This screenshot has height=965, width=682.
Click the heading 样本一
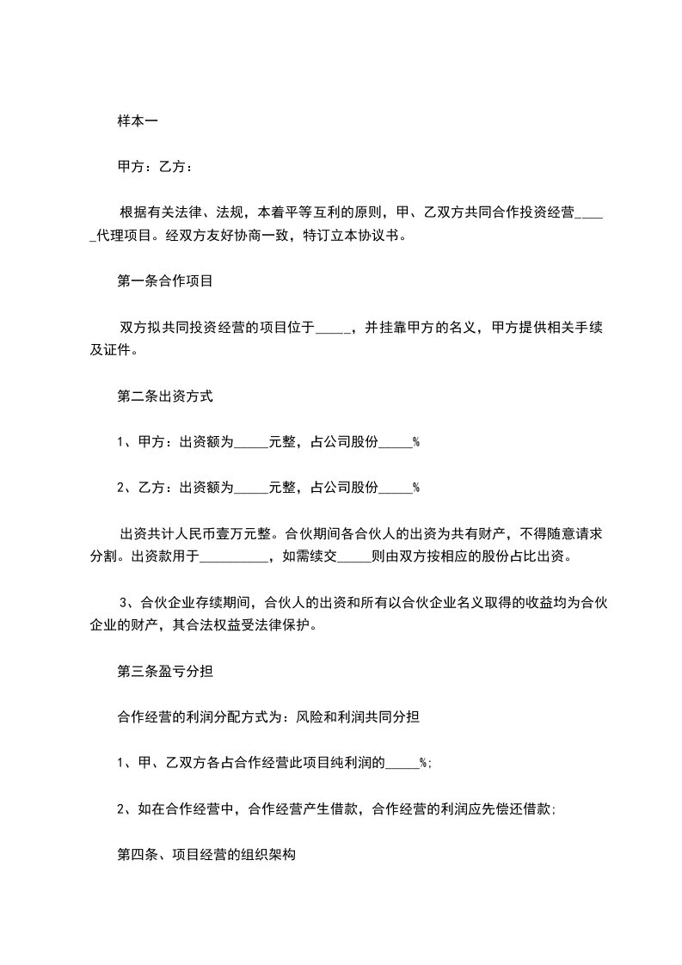point(137,120)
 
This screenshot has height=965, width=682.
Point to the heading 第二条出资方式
point(164,396)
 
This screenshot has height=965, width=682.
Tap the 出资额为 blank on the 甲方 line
point(251,445)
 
